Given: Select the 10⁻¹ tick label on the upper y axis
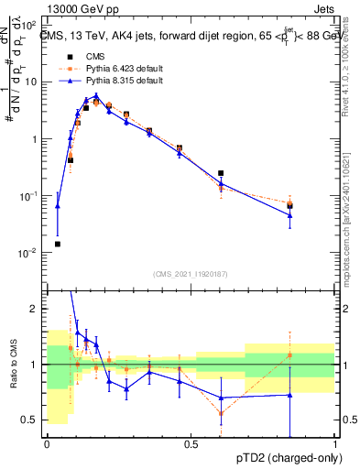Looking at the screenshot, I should [29, 196].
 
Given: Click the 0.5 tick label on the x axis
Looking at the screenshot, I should [191, 444].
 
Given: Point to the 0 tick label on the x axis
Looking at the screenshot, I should [47, 444].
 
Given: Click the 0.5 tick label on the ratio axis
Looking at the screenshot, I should [31, 420].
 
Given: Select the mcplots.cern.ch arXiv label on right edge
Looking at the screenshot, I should [351, 211].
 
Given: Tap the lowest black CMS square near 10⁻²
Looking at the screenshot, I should [58, 244].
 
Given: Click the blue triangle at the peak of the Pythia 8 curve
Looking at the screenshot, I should [96, 95].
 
